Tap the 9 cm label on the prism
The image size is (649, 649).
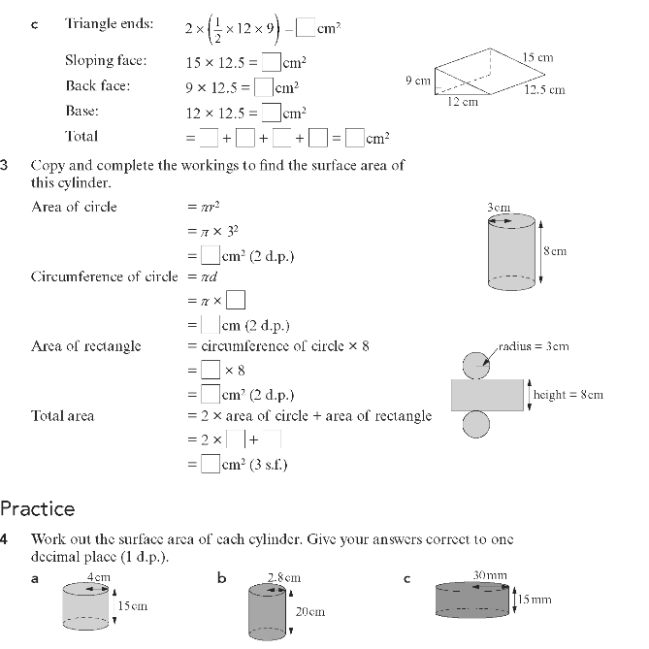click(x=417, y=81)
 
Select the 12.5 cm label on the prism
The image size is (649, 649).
click(x=544, y=90)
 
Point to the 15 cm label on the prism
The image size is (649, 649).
click(x=537, y=58)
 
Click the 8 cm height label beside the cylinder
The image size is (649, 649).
click(x=555, y=251)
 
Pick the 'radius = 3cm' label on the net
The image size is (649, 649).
click(x=535, y=346)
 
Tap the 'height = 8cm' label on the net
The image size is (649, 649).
click(x=568, y=395)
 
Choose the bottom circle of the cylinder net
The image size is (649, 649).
click(x=475, y=424)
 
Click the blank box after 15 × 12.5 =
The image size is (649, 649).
click(x=272, y=62)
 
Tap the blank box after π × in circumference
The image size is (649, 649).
click(x=236, y=299)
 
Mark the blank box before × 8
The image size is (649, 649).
click(x=210, y=370)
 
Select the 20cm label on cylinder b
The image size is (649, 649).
click(x=309, y=612)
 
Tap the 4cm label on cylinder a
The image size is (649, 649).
click(x=98, y=577)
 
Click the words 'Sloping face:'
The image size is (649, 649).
click(x=106, y=60)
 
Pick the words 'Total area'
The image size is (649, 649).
click(x=63, y=416)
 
